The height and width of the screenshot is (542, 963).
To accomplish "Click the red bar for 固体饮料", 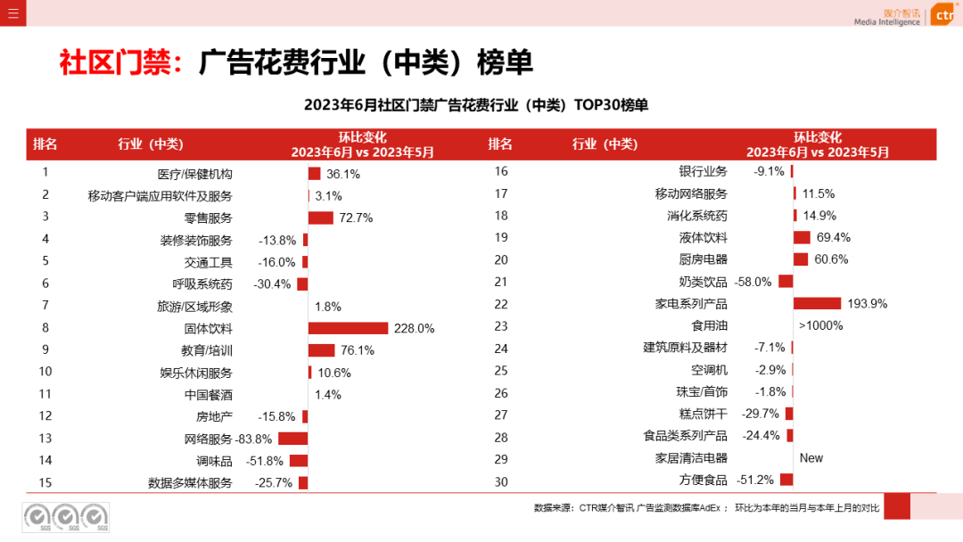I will tap(348, 328).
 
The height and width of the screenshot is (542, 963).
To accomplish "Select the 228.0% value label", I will tap(414, 328).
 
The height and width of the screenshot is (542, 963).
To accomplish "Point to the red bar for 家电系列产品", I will tap(817, 303).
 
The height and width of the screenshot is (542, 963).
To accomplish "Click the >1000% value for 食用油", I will tap(820, 325).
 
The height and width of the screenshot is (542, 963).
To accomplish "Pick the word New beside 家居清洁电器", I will tap(811, 458).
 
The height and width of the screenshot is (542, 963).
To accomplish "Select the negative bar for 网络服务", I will tap(292, 439).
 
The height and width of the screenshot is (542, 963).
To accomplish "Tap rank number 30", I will tap(500, 481).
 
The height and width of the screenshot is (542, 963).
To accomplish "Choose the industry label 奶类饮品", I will tap(704, 282).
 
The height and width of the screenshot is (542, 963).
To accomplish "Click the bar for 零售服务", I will tap(320, 218).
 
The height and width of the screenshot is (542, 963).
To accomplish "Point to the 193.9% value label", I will tap(868, 304).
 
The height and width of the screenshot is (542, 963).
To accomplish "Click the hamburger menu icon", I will tap(12, 12).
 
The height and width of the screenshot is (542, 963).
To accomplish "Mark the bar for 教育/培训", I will tap(321, 350).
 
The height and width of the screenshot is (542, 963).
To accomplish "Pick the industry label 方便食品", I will tap(704, 480).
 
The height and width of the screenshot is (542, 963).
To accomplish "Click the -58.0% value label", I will tap(753, 282).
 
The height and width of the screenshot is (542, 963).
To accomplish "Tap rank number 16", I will tap(500, 170).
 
